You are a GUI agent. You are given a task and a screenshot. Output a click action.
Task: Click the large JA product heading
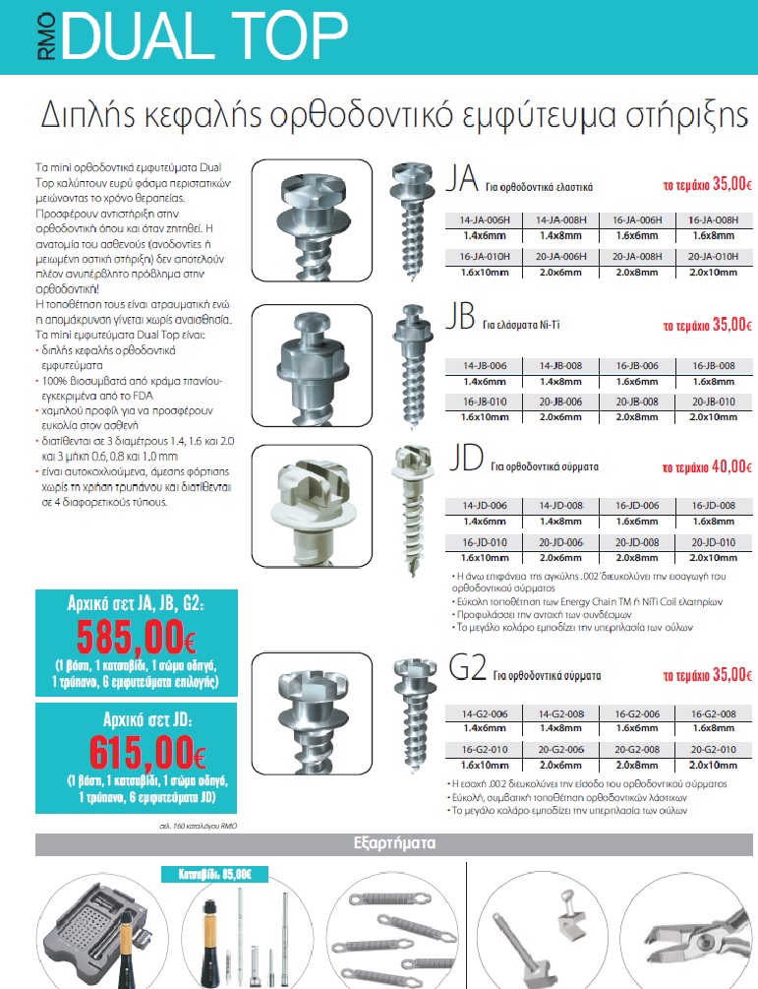click(462, 181)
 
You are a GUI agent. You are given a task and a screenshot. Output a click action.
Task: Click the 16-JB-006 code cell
click(636, 366)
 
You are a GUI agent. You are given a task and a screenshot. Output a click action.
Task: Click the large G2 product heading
click(466, 673)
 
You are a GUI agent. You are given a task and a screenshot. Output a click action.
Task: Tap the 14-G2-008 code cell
click(559, 713)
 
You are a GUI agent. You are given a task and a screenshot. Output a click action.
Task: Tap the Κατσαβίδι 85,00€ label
click(208, 874)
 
